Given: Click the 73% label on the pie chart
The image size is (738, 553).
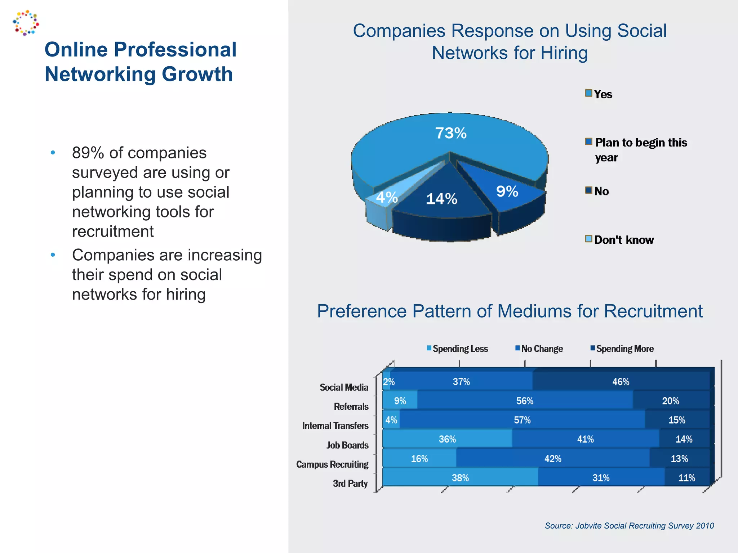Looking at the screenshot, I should coord(450,133).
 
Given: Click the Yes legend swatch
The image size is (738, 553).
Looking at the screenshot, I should coord(588,93).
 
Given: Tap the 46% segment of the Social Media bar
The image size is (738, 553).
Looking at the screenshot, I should coord(621,382).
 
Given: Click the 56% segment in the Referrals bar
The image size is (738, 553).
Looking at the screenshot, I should coord(525,401).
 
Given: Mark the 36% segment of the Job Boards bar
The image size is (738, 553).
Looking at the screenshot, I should coord(447,439).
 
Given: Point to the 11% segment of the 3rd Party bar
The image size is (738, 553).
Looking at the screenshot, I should coord(686,478).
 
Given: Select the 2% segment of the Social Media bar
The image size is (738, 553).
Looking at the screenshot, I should coord(386,382).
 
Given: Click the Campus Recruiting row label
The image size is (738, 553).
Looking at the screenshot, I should coord(332,464).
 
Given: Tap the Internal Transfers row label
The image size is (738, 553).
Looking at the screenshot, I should coord(335,426).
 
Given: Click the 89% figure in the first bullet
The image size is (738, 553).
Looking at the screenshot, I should coord(88,153).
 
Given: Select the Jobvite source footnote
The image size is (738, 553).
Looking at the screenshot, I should coord(629,526).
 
